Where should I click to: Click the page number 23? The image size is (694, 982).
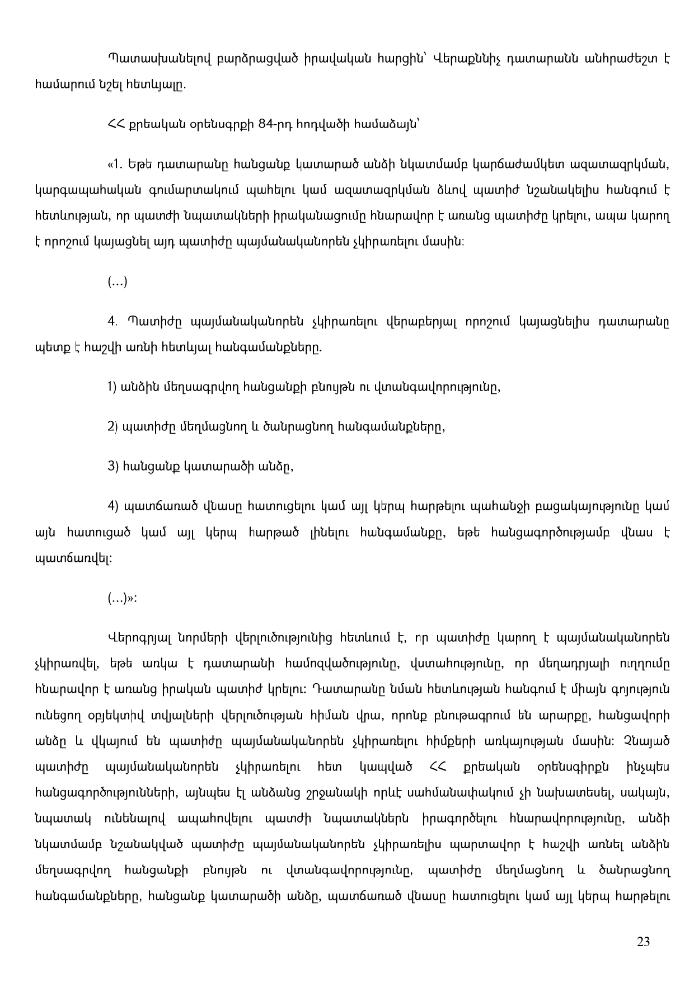click(x=643, y=942)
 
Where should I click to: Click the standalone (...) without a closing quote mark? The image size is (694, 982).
click(x=118, y=282)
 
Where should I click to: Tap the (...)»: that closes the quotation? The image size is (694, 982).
click(x=122, y=599)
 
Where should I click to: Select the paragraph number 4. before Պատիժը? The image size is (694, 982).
click(x=112, y=322)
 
